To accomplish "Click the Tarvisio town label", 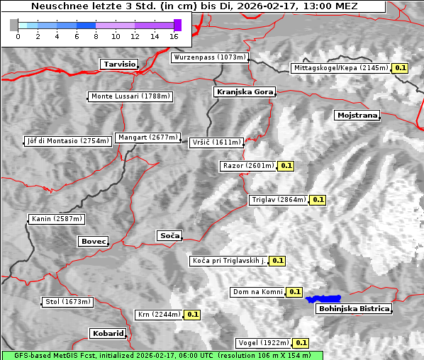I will point(119,64).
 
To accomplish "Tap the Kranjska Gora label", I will point(243,92).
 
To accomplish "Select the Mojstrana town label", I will point(357,115).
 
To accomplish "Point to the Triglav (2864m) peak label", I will point(279,200).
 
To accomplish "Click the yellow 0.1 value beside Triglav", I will point(318,200).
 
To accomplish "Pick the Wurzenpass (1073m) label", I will point(210,57).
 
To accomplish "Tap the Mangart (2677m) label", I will point(148,137).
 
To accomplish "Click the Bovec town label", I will point(93,241).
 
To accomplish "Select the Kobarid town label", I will point(108,333).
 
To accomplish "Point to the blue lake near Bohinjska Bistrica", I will point(323,299).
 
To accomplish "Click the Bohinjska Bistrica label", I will point(354,308).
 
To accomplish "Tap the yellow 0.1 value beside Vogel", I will point(301,343).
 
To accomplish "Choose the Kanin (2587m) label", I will point(57,219).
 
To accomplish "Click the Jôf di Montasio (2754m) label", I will point(68,141).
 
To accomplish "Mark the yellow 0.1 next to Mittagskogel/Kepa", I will point(401,68).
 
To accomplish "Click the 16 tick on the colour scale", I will point(174,35).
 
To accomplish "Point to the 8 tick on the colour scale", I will point(95,35).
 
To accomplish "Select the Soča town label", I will point(169,235).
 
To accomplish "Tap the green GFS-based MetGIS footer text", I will point(162,355).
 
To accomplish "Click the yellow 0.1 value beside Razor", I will point(286,166).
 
